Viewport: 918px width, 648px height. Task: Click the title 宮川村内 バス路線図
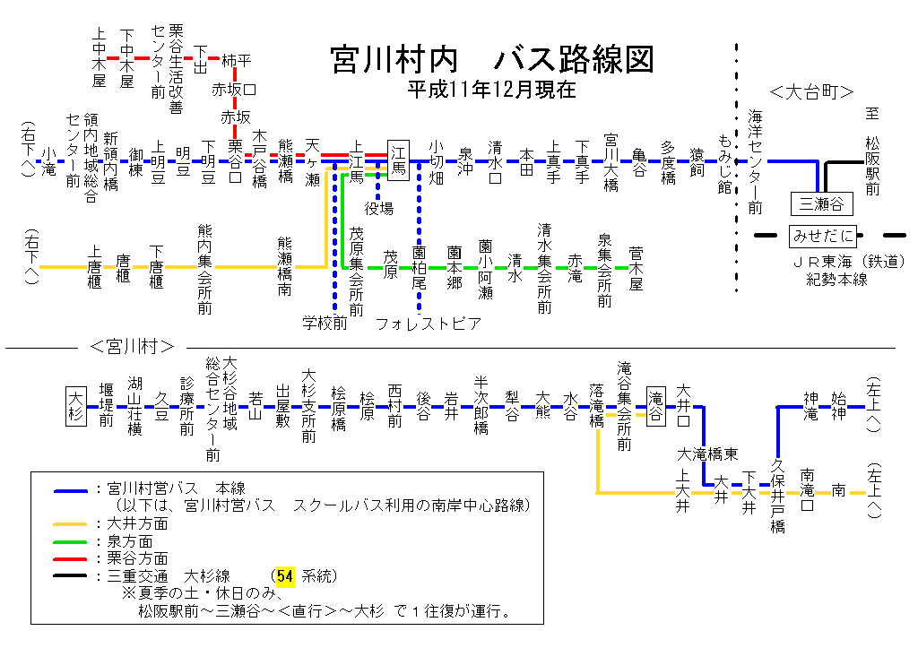[492, 59]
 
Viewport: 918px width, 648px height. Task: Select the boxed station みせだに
[821, 237]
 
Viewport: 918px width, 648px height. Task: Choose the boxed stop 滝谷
[657, 405]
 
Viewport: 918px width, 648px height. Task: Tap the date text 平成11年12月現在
[491, 91]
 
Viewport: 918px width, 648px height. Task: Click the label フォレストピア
[429, 324]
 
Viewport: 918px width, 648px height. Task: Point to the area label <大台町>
[811, 91]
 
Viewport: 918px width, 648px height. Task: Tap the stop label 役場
[379, 209]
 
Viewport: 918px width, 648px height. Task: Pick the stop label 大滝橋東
[707, 454]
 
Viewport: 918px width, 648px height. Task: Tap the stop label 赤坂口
[235, 90]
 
